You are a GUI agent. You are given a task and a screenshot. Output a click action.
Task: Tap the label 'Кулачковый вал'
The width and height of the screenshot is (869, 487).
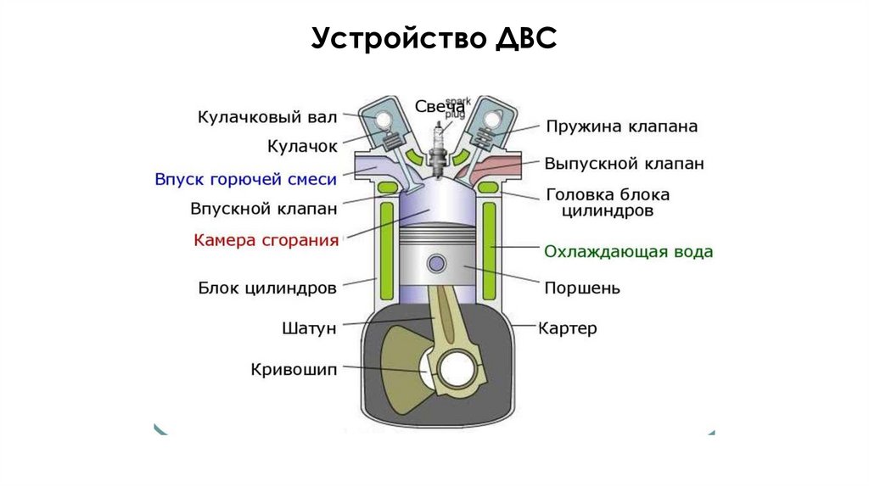click(x=268, y=115)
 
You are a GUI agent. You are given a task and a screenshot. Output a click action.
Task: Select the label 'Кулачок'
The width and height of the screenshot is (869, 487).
click(x=302, y=146)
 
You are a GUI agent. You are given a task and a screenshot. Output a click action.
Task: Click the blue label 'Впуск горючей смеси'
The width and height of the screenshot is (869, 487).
click(x=246, y=180)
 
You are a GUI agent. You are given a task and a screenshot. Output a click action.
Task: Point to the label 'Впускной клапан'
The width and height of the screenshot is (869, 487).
click(x=264, y=208)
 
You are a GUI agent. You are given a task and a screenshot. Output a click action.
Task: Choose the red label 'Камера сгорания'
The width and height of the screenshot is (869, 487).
click(x=266, y=240)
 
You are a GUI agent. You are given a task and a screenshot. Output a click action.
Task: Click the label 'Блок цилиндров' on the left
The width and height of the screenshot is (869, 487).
click(x=268, y=288)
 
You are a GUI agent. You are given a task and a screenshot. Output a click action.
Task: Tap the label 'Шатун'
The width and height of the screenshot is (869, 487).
click(x=309, y=327)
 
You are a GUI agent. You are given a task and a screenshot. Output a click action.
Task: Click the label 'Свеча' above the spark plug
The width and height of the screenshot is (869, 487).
click(x=439, y=107)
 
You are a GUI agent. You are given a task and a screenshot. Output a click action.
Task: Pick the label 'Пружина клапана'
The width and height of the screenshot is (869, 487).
click(x=621, y=127)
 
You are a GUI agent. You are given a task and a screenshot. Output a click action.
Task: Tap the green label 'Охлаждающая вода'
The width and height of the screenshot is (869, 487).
click(x=628, y=252)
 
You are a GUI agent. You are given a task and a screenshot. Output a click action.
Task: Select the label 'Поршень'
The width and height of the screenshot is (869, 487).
click(x=581, y=288)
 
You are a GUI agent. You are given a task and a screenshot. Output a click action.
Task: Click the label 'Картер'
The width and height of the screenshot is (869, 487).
click(x=568, y=327)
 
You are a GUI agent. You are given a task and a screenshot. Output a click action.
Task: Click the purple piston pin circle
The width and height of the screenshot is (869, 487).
click(x=437, y=264)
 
